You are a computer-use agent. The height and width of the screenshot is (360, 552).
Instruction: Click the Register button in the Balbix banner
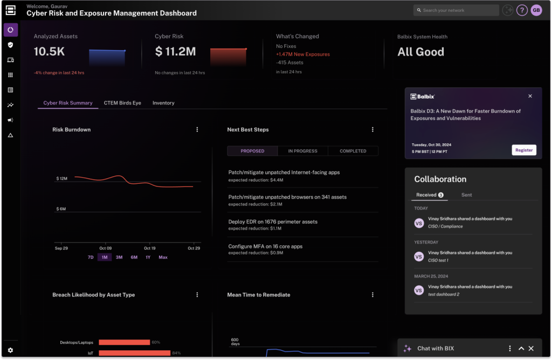(x=523, y=150)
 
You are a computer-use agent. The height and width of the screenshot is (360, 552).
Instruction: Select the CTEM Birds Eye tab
(x=122, y=103)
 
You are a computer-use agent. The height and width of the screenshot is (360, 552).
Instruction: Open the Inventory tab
(x=163, y=103)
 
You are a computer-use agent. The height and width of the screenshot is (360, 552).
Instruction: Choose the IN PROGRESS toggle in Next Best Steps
(x=302, y=151)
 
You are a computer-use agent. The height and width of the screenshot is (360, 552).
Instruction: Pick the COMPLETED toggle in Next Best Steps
(x=353, y=151)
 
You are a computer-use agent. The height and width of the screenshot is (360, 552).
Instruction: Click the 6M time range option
(x=134, y=257)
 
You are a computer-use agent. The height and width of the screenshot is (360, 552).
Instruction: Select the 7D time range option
(x=91, y=257)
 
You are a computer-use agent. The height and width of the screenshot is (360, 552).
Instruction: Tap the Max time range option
(x=163, y=257)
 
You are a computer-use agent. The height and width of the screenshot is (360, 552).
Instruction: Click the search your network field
(x=456, y=10)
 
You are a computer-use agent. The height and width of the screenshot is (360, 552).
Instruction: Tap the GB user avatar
(x=536, y=10)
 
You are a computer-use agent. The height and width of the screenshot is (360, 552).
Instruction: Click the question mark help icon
(x=521, y=10)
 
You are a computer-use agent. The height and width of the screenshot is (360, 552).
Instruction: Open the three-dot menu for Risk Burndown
(x=197, y=130)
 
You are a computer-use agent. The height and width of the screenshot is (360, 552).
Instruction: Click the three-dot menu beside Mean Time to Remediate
(x=372, y=295)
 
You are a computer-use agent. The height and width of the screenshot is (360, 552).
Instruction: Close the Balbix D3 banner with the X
(x=530, y=96)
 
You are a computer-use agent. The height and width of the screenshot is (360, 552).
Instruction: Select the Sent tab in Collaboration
(x=466, y=195)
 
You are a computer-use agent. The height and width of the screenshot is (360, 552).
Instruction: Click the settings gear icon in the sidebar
(x=10, y=350)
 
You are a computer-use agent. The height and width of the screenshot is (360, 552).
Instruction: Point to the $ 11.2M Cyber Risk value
(x=175, y=52)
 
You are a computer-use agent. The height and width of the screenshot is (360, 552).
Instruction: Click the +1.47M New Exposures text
(x=302, y=54)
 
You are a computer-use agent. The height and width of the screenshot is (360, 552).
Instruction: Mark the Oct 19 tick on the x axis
(x=150, y=248)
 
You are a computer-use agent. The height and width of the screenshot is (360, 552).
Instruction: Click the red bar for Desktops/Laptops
(x=124, y=342)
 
